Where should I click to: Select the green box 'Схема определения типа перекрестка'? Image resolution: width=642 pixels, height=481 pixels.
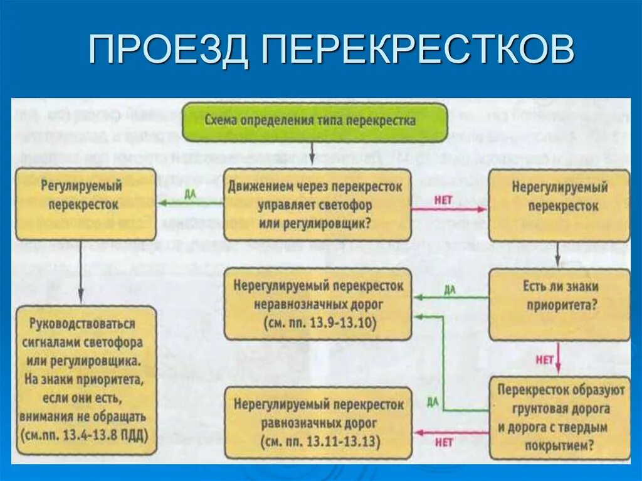click(315, 120)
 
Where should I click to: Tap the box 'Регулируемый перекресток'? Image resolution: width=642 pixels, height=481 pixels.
click(85, 204)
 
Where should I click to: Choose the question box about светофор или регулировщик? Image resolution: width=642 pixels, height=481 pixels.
click(316, 204)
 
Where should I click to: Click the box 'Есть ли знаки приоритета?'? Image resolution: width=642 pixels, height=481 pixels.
click(559, 304)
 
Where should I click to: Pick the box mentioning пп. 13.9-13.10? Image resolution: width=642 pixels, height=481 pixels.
click(318, 305)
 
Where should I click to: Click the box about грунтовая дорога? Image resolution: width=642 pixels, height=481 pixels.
click(559, 418)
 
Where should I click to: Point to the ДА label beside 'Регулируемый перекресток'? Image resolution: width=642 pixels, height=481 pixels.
click(191, 194)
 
